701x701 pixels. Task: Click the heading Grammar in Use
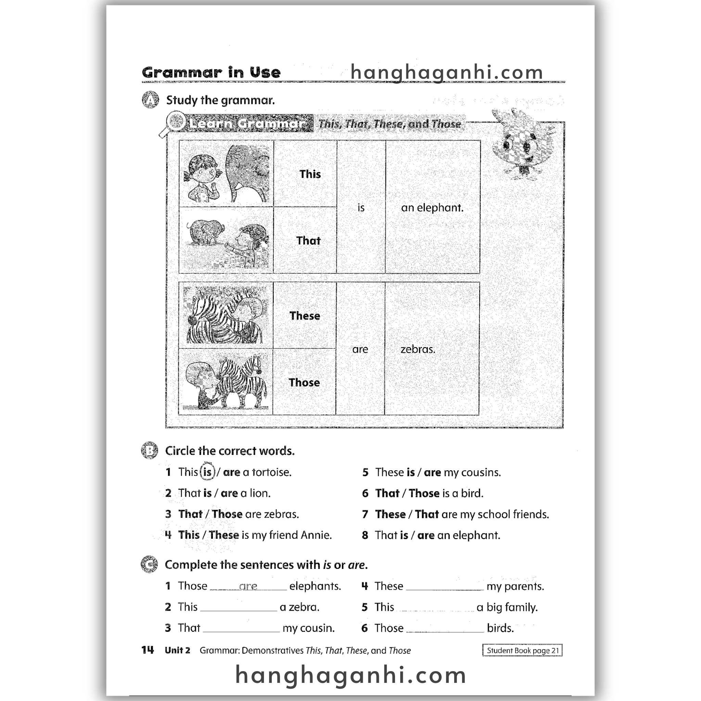point(211,73)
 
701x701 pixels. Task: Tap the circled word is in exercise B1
point(207,472)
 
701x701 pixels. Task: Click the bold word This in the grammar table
point(310,174)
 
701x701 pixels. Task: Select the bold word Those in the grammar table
point(304,382)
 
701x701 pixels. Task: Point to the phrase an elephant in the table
point(432,208)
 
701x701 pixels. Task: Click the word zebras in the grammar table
point(418,349)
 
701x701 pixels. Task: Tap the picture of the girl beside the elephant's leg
point(226,174)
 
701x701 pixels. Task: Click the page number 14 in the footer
point(148,650)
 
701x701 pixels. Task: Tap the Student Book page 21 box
point(522,650)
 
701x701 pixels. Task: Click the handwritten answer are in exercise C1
point(248,586)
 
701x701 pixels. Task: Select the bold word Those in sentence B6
point(424,494)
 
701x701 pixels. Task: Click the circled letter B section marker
point(149,451)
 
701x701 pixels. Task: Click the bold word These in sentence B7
point(391,514)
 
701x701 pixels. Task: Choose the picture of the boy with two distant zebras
point(226,382)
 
